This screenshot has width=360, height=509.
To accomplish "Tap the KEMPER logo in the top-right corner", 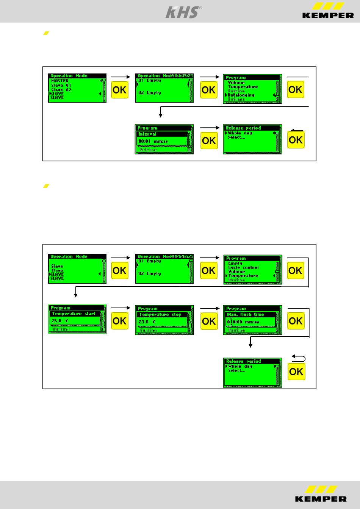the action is pos(328,11).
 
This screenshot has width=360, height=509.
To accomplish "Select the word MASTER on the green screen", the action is pos(60,81).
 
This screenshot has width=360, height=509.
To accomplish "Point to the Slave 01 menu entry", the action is pos(61,85).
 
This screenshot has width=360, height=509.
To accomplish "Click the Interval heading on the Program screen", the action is pos(147,134).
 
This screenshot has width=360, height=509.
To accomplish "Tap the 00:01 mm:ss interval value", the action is pos(153,141).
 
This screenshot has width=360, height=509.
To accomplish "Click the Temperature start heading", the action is pos(74,314).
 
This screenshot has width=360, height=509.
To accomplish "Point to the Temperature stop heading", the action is pos(160,315).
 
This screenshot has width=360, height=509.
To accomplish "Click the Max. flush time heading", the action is pos(246,315).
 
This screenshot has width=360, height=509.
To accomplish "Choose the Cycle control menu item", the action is pos(243,267).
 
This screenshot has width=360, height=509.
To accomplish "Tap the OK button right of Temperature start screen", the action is pos(120,321).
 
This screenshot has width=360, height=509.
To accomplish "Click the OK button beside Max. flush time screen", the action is pos(296,321).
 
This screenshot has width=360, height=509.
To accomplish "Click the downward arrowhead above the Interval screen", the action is pos(161,115).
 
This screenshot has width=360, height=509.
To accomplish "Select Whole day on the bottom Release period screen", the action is pos(240,367).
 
